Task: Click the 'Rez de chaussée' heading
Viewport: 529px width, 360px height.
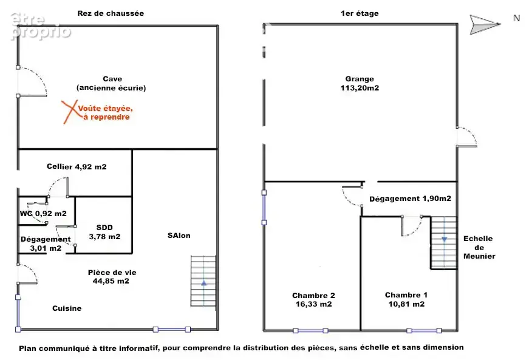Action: (x=111, y=13)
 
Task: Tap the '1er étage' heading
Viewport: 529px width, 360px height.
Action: (x=360, y=13)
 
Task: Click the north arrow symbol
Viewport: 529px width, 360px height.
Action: (x=485, y=25)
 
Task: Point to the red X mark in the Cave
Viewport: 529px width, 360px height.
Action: (x=70, y=112)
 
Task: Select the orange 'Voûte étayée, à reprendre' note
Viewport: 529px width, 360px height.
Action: (x=105, y=112)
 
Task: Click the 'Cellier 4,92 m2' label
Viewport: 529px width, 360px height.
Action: (x=77, y=166)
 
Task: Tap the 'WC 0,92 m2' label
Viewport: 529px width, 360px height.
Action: (x=43, y=213)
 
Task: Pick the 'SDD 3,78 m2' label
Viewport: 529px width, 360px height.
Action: (x=104, y=233)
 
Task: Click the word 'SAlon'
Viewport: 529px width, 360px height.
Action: (x=179, y=236)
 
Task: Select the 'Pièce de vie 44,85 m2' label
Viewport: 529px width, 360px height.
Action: (x=112, y=277)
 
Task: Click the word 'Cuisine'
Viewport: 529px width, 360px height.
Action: (x=67, y=308)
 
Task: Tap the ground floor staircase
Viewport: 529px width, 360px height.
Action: (x=203, y=281)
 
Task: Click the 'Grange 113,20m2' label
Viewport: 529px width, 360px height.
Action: (x=360, y=83)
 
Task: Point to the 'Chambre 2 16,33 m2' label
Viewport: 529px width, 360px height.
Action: (x=313, y=300)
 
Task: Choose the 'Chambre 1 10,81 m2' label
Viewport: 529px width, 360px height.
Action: (x=406, y=299)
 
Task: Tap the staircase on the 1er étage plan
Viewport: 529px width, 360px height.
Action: (x=444, y=243)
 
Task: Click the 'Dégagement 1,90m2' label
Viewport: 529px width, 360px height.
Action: (x=410, y=199)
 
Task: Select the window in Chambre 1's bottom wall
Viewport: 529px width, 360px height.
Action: (x=424, y=331)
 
